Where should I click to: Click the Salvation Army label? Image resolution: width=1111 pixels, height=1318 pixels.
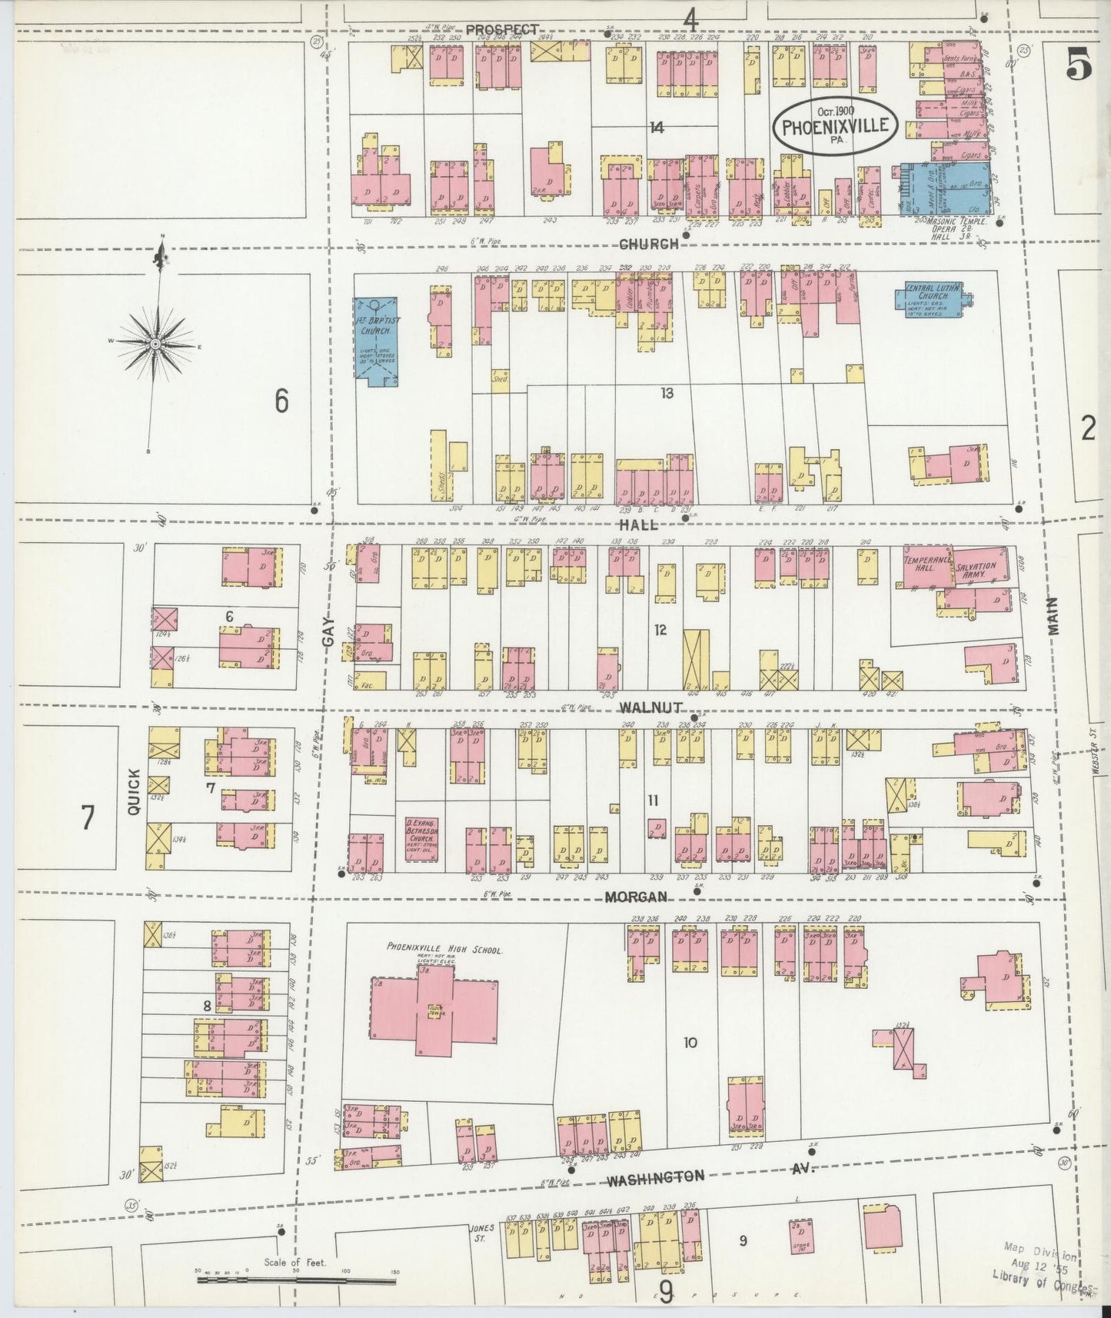coord(977,570)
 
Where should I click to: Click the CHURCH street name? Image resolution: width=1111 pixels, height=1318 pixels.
coord(649,244)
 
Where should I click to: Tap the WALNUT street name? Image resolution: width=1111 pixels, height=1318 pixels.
coord(650,707)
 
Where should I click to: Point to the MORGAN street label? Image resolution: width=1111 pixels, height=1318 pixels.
coord(635,897)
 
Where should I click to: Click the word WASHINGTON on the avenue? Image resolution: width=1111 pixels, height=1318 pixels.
coord(655,1177)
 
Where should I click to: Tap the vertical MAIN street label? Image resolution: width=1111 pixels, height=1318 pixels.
coord(1052,615)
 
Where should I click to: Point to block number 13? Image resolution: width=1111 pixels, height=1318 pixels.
coord(666,393)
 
